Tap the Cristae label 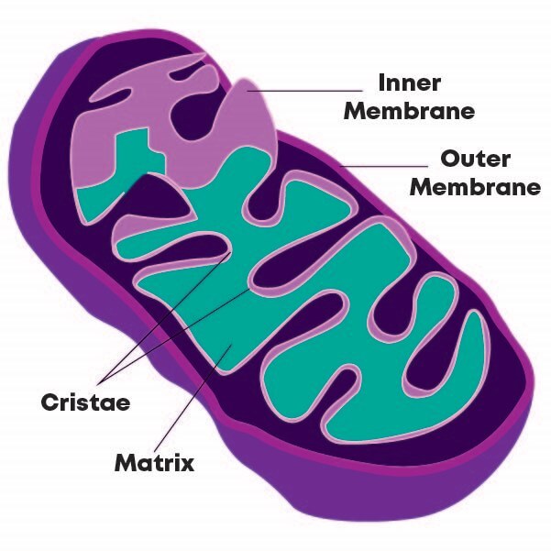pos(85,402)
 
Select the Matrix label pos(154,461)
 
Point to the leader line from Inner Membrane pos(312,90)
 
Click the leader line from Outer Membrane pos(376,166)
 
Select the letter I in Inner pos(382,83)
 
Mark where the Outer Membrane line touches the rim pos(340,165)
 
